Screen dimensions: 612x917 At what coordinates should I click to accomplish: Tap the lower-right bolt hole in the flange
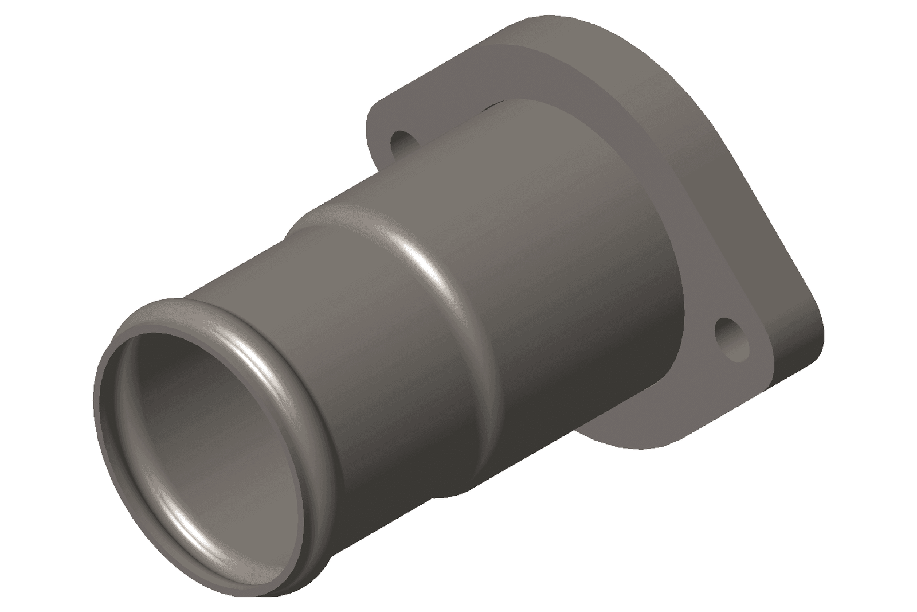coord(732,338)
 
